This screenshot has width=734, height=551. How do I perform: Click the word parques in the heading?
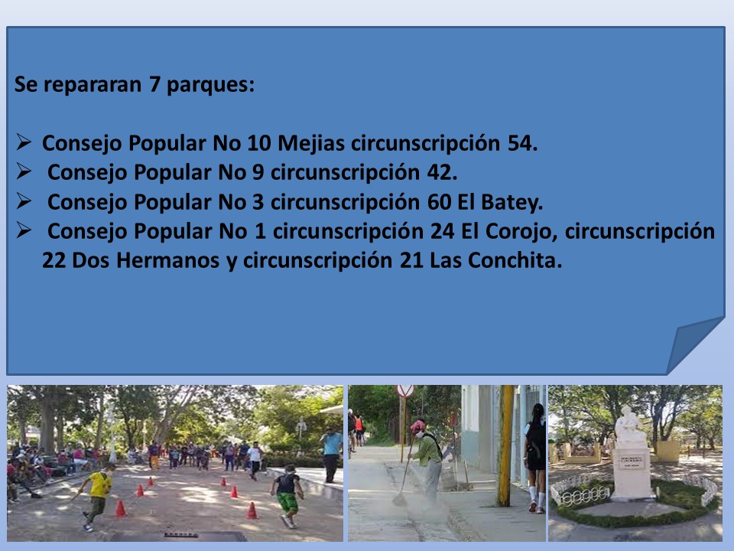pos(210,85)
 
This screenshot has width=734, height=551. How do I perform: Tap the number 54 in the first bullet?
pos(522,143)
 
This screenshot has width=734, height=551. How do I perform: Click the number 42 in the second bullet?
pos(442,172)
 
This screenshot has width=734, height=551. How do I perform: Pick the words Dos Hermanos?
pos(145,260)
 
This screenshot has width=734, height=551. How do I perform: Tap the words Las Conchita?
pos(495,260)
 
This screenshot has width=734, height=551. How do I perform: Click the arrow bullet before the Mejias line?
pos(24,142)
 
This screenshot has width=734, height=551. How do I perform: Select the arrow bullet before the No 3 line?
pos(24,201)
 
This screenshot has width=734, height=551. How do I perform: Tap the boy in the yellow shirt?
pos(96,497)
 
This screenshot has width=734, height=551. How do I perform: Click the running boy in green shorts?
pos(287,496)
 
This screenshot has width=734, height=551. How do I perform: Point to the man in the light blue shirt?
pos(331,455)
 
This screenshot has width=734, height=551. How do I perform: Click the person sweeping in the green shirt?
pos(426,461)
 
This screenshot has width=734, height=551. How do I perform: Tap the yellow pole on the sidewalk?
pos(505,445)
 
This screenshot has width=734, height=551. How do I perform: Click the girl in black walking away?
pos(535,458)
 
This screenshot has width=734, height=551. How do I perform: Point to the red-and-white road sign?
pos(405,391)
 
